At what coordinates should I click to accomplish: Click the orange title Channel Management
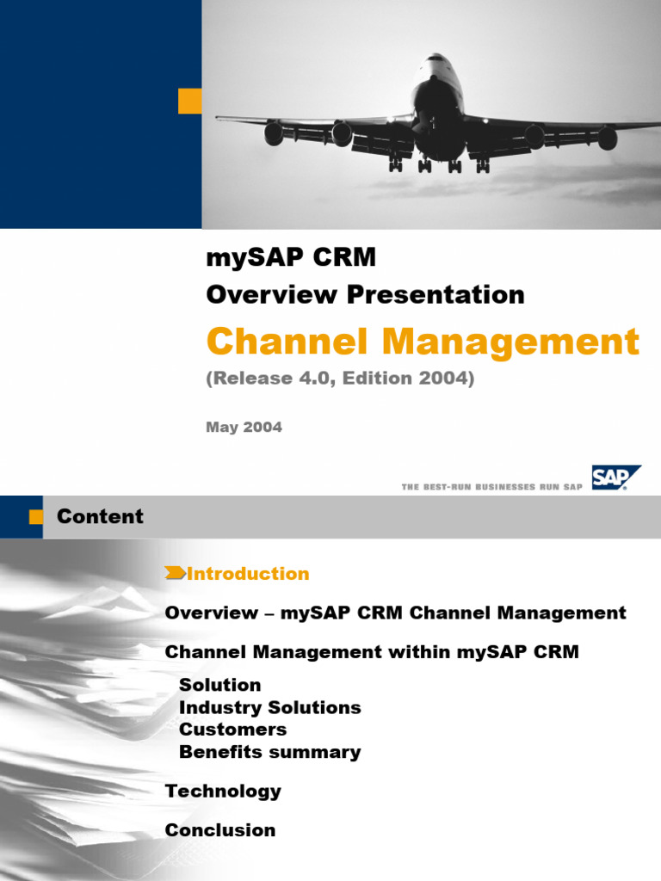pos(423,342)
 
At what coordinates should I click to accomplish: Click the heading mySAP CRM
pos(291,256)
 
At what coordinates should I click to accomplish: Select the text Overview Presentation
pos(365,294)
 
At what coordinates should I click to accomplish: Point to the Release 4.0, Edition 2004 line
pos(340,379)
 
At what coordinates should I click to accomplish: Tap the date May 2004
pos(244,427)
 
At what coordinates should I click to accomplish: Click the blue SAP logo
pos(615,477)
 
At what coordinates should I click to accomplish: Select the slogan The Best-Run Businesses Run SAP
pos(491,487)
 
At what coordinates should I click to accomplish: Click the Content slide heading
pos(100,516)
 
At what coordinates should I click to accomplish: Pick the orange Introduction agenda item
pos(248,573)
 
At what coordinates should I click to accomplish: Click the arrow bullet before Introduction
pos(175,573)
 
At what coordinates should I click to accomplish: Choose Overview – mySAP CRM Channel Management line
pos(395,613)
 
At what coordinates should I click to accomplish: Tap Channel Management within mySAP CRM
pos(372,652)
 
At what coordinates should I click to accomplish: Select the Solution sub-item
pos(219,685)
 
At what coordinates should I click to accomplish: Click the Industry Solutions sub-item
pos(269,707)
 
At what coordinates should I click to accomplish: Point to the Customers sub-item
pos(232,729)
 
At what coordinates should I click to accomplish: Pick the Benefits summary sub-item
pos(269,752)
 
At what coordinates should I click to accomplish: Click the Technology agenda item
pos(223,791)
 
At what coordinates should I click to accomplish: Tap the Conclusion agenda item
pos(220,830)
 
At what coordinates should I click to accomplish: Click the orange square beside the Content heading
pos(35,517)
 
